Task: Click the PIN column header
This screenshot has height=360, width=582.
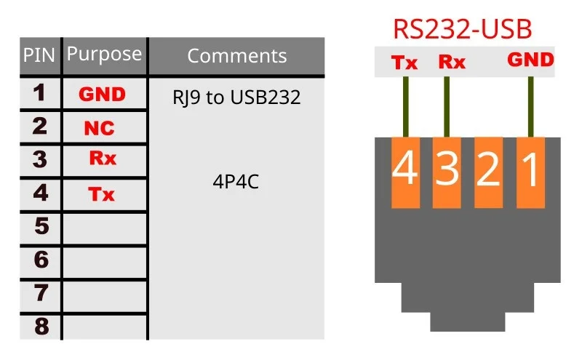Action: (x=39, y=55)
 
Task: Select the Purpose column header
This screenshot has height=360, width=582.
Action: (x=104, y=55)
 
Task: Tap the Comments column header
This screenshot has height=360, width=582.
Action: (x=236, y=56)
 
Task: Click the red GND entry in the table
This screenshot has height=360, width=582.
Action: (x=102, y=95)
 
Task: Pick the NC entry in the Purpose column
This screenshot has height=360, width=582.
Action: (x=99, y=129)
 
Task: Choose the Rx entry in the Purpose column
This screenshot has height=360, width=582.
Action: (x=102, y=159)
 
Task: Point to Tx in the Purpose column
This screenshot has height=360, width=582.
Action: (x=102, y=194)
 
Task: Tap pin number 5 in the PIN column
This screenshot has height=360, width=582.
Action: (x=41, y=227)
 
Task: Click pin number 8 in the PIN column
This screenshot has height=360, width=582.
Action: (x=41, y=327)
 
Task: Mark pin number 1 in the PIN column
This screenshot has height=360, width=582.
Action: (x=40, y=93)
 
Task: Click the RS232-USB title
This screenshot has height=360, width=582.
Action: (x=463, y=29)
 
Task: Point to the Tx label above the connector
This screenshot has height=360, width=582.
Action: (x=404, y=63)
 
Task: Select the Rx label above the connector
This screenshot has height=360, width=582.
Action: (x=451, y=63)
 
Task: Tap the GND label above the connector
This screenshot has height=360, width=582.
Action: (x=530, y=60)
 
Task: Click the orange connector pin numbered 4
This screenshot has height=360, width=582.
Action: (x=405, y=172)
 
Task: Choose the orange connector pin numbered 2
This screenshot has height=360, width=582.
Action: (x=488, y=172)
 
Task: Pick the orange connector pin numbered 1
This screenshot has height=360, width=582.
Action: (x=530, y=172)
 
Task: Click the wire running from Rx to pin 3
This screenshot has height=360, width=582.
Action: (x=446, y=106)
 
